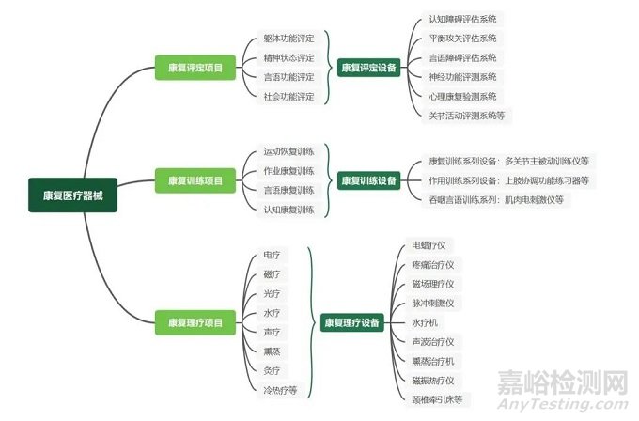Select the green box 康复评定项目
click(x=195, y=68)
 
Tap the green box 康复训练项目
click(x=195, y=179)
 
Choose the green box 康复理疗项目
click(x=195, y=322)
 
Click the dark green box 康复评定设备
click(x=368, y=68)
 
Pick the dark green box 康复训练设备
click(x=368, y=179)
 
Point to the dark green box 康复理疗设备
click(x=351, y=322)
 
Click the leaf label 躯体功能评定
click(x=288, y=39)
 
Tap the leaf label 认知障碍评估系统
click(x=463, y=19)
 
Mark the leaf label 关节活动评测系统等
click(x=467, y=115)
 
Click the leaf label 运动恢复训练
click(x=288, y=151)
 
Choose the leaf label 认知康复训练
click(x=288, y=208)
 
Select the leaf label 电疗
click(x=272, y=255)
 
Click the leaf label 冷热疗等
click(x=280, y=389)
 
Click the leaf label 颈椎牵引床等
click(x=441, y=399)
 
